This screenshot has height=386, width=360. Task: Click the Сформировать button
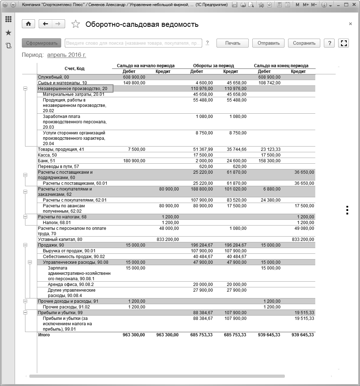(42, 43)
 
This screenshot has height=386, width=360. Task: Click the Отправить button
(268, 43)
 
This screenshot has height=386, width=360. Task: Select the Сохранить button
(304, 43)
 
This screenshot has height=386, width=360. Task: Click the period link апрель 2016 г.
(67, 55)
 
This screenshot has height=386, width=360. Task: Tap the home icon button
(28, 24)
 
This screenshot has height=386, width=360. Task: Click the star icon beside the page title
(76, 24)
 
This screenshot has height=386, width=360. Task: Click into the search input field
(133, 43)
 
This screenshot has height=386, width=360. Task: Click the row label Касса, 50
(47, 155)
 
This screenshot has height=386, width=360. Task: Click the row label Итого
(44, 335)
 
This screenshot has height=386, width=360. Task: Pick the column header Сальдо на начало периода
(146, 66)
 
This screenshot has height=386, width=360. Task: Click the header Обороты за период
(213, 66)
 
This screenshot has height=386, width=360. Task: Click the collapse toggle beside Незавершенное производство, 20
(25, 88)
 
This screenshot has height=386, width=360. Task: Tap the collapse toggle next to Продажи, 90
(25, 245)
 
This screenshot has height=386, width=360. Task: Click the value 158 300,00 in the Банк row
(269, 161)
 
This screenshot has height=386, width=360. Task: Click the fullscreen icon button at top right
(344, 43)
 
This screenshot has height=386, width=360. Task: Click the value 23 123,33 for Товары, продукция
(269, 149)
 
